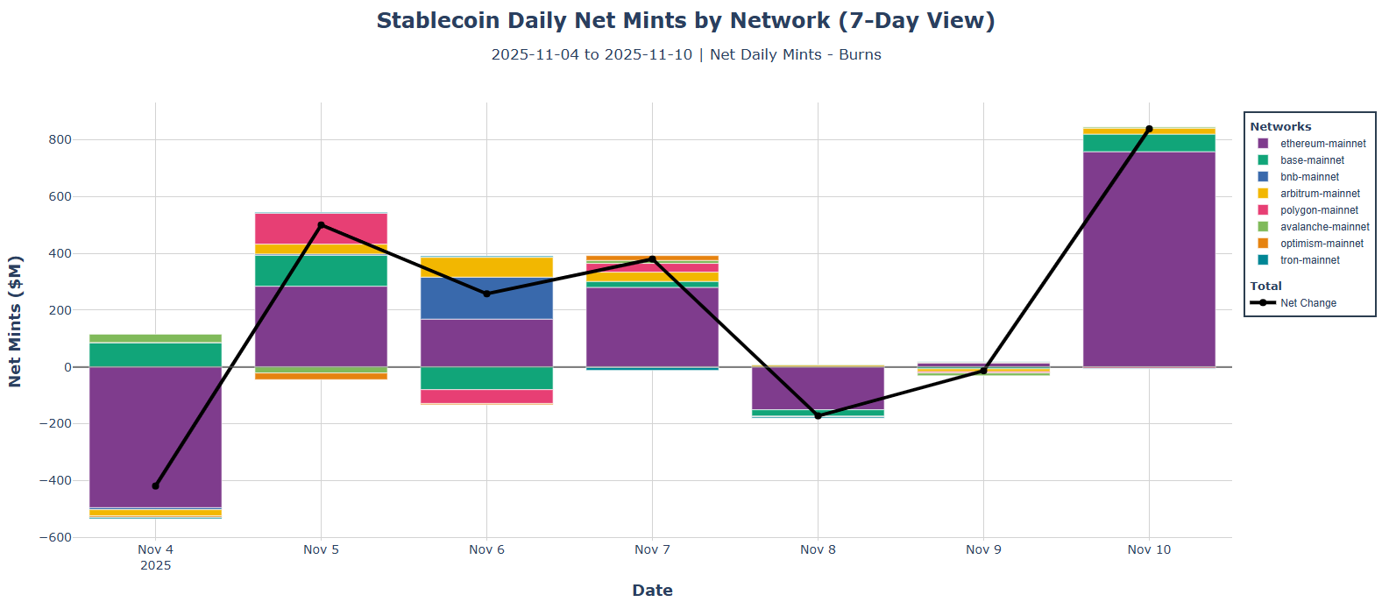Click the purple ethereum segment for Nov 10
pyautogui.click(x=1149, y=259)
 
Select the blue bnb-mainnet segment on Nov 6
pyautogui.click(x=486, y=298)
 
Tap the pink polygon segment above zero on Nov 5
pyautogui.click(x=321, y=228)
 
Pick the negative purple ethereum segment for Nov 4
pyautogui.click(x=155, y=436)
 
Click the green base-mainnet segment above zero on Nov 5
pyautogui.click(x=321, y=270)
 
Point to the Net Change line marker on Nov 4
pyautogui.click(x=156, y=485)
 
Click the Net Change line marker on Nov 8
pyautogui.click(x=819, y=415)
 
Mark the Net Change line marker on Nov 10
pyautogui.click(x=1149, y=129)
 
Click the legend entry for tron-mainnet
pyautogui.click(x=1309, y=260)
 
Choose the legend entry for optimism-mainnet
pyautogui.click(x=1322, y=244)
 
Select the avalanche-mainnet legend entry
pyautogui.click(x=1324, y=227)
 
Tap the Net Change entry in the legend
pyautogui.click(x=1308, y=303)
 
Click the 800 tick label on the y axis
pyautogui.click(x=60, y=139)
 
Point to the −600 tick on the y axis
pyautogui.click(x=55, y=537)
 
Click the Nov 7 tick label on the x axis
pyautogui.click(x=652, y=549)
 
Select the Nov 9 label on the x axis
pyautogui.click(x=983, y=549)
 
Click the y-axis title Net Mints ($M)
pyautogui.click(x=15, y=321)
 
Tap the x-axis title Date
pyautogui.click(x=652, y=590)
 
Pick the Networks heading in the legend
pyautogui.click(x=1280, y=127)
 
